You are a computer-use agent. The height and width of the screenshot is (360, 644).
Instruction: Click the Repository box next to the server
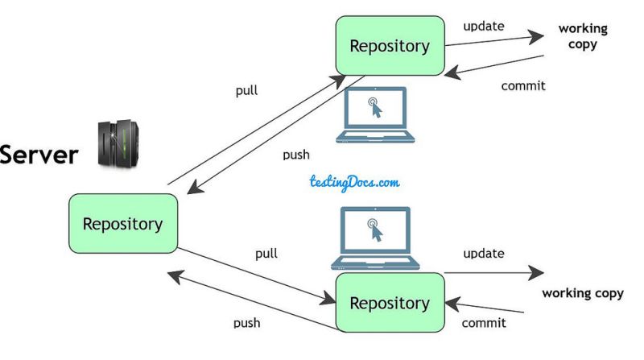coord(122,223)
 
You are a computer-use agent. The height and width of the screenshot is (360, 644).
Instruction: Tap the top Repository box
coord(390,46)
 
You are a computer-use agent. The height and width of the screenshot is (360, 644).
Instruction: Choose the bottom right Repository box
coord(390,303)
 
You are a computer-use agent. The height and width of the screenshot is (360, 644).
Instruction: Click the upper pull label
coord(246,90)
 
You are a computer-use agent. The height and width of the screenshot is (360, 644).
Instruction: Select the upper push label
coord(296,155)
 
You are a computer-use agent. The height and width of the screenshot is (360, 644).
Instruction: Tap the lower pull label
coord(266,254)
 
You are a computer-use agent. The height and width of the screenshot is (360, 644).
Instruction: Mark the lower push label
coord(246,323)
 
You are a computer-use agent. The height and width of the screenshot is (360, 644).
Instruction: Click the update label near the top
coord(484,26)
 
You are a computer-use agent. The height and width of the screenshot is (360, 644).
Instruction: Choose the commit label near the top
coord(523,85)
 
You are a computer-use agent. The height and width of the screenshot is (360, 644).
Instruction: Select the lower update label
coord(484,254)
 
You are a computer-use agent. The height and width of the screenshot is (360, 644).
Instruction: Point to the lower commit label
coord(484,323)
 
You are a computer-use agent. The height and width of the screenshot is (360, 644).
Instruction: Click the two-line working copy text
coord(583,37)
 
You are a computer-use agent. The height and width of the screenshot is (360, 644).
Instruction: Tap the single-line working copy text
coord(583,293)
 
